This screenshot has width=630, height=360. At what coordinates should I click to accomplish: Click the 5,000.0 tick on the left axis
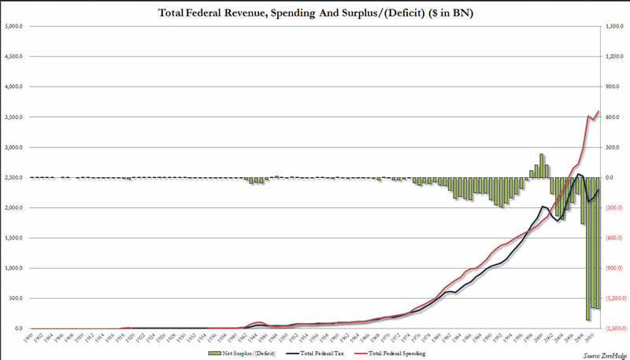13,27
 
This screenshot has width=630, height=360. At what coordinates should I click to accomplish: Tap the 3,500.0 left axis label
13,117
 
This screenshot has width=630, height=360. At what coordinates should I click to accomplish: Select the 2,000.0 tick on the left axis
13,208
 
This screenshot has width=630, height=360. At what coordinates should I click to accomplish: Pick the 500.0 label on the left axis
15,299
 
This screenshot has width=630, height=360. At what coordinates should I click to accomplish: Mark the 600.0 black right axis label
613,117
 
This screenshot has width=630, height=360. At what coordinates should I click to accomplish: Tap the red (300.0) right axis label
614,208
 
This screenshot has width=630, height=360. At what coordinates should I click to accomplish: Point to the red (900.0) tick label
614,269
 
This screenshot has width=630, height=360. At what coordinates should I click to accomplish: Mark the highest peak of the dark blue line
580,174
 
